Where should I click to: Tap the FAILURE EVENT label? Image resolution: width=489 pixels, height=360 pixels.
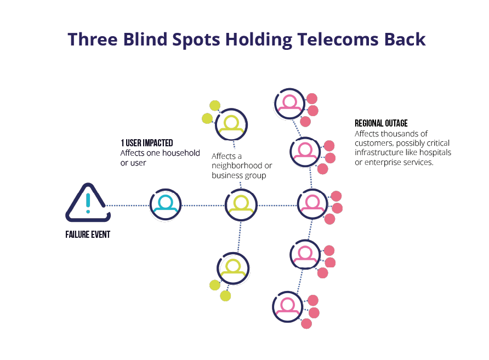pos(88,235)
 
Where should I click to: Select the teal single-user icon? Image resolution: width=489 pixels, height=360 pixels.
pos(166,204)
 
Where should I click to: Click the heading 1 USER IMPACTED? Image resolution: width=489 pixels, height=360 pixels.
pos(147,144)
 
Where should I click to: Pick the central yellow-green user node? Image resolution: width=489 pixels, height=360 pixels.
pos(241,204)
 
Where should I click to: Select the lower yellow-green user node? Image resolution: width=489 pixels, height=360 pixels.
pos(233,268)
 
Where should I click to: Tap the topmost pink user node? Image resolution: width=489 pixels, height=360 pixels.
pos(289,104)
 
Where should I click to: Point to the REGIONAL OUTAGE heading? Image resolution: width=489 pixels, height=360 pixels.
pos(381,123)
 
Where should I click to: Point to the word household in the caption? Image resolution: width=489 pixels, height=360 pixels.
pos(182,153)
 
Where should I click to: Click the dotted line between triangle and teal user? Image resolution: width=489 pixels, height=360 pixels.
pos(127,205)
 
